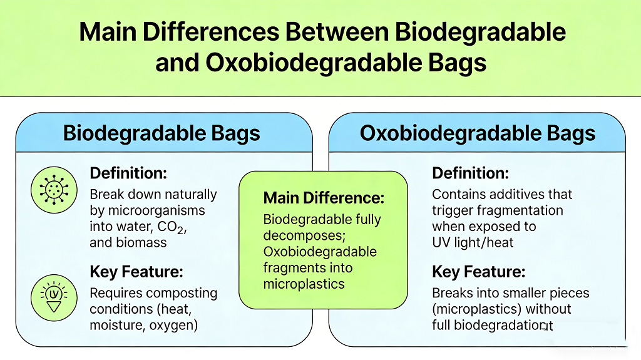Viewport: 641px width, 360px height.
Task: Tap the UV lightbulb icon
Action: tap(53, 295)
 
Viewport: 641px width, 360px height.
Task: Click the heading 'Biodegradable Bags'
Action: tap(162, 133)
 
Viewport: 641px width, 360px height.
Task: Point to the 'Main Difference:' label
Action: tap(324, 198)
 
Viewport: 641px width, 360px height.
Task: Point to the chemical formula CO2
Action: tap(172, 227)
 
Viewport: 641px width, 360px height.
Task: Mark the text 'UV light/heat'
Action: tap(473, 242)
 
